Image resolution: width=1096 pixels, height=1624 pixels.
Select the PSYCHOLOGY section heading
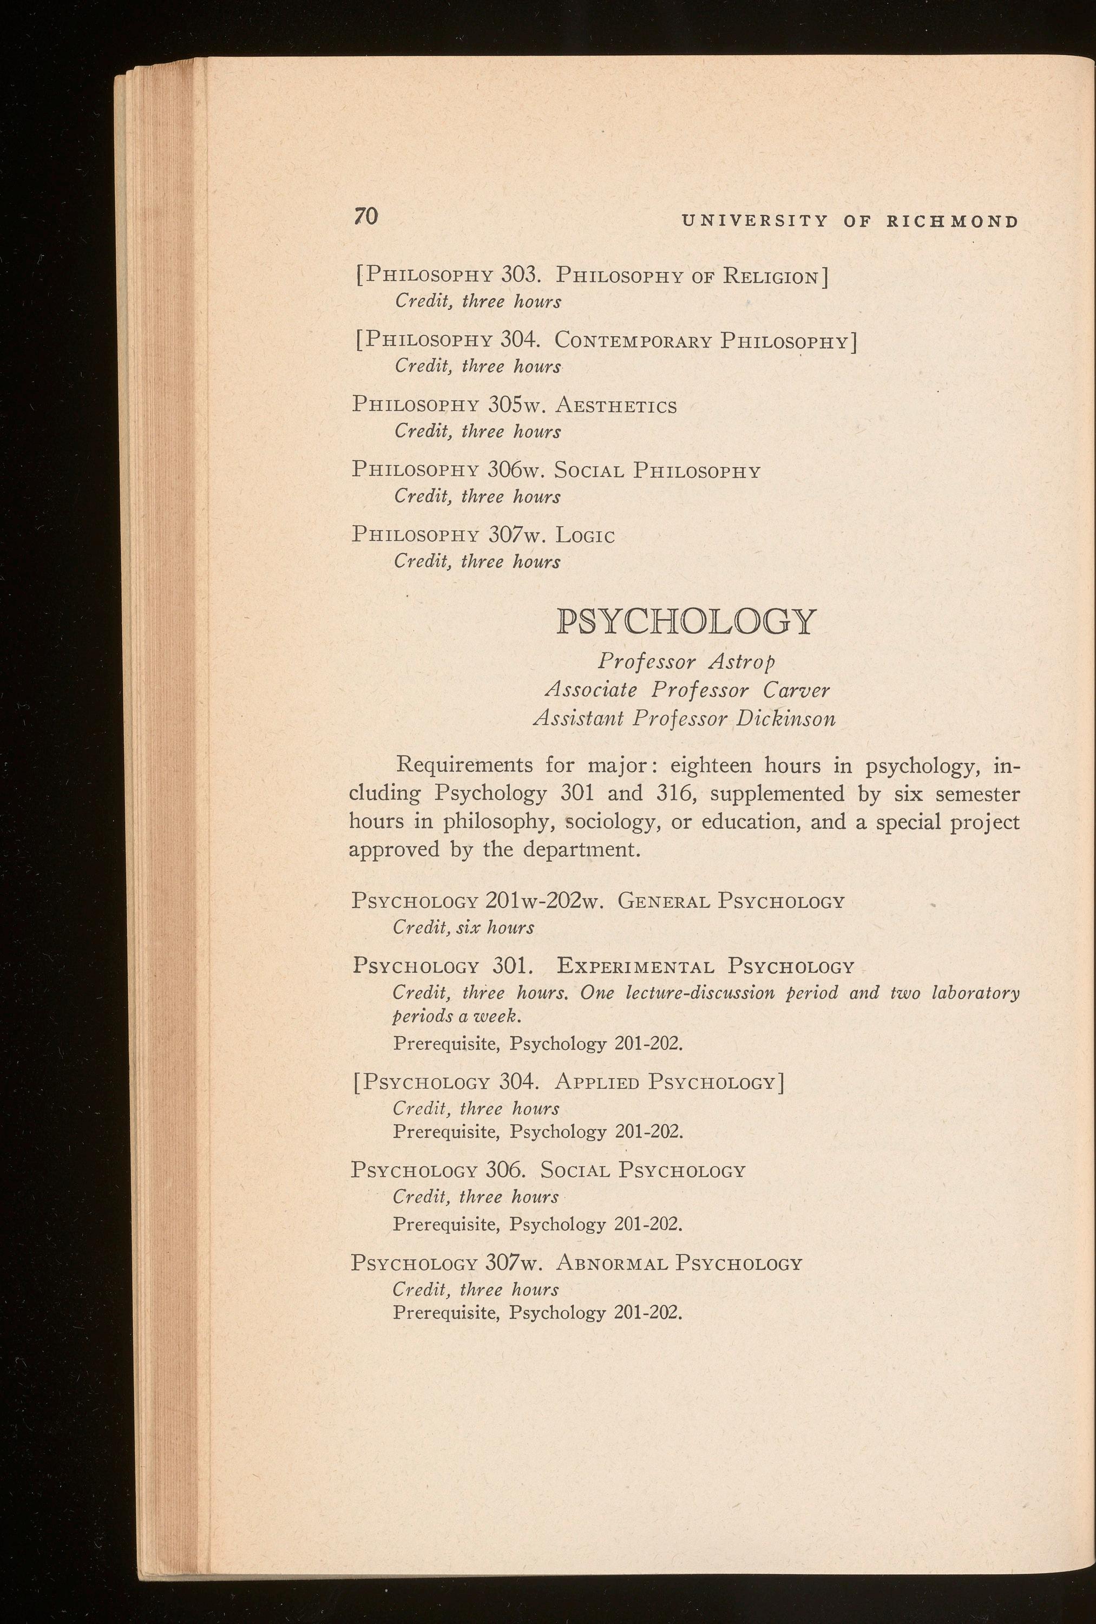pos(685,622)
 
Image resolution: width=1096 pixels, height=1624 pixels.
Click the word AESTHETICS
pos(615,407)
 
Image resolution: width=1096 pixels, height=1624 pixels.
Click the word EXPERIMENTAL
pos(635,967)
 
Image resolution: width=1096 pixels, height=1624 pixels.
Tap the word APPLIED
pos(596,1083)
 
